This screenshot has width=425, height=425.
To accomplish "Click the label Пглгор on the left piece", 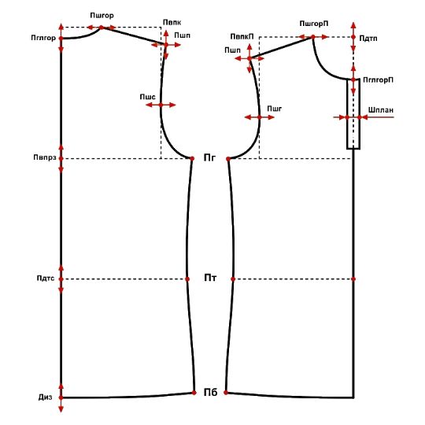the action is point(43,39).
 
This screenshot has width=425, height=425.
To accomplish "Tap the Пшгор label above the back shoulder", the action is point(102,16).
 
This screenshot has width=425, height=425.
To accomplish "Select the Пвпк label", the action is point(172,23).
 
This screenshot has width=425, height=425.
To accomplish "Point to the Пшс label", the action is point(148,97).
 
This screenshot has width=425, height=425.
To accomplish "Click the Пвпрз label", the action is point(45,157).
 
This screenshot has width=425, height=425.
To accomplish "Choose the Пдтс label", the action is point(46,279).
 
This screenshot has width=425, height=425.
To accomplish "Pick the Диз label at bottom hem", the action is point(46,397).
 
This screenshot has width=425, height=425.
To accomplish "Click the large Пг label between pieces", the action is point(209,157).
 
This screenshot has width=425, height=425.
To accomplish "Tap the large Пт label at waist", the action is point(210,278).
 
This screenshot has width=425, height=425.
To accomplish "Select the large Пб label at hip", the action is point(211,392).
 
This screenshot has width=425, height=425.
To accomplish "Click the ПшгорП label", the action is point(314,24).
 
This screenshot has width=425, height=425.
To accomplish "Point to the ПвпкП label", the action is point(242,36).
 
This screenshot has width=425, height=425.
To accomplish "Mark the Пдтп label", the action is point(368,39).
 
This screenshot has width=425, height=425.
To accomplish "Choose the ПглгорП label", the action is point(378,80).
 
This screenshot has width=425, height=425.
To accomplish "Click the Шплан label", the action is point(381,110).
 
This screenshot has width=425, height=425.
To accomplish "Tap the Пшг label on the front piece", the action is point(275,109).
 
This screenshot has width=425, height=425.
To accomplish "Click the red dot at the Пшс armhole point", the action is point(161,105).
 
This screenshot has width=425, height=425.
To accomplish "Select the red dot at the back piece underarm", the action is point(192,158).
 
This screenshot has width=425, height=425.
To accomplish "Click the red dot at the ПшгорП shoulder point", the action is point(313,37).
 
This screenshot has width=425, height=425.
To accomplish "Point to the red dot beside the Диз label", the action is point(61,397).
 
